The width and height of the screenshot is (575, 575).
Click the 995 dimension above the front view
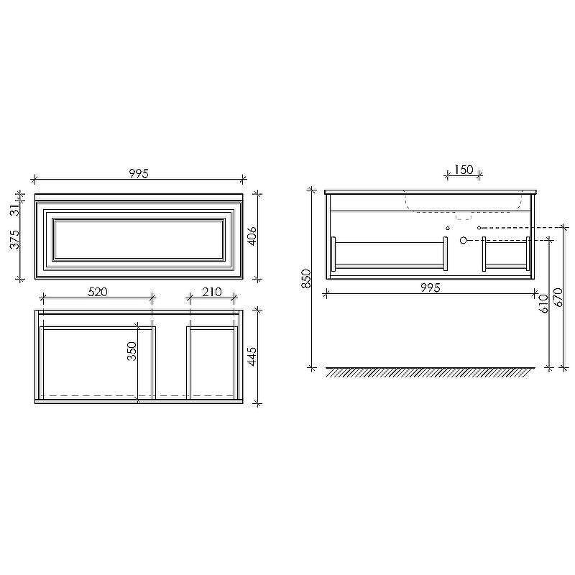(x=139, y=173)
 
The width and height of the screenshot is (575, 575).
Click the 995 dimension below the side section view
(x=430, y=287)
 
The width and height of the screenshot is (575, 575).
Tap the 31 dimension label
(x=14, y=210)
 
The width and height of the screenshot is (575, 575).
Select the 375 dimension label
(x=14, y=239)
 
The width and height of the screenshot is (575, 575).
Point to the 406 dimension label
(x=252, y=236)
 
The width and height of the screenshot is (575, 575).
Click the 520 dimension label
(x=98, y=292)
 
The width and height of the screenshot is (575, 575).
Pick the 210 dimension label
(x=211, y=292)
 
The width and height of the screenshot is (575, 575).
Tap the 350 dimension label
(x=132, y=351)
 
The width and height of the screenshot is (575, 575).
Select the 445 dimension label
(x=252, y=356)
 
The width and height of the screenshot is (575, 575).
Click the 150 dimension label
(x=464, y=170)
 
